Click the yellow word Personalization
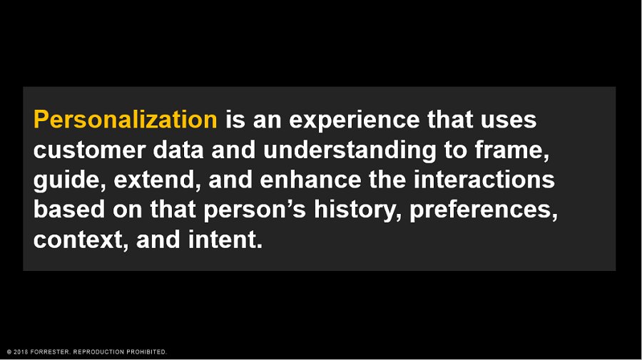(x=125, y=120)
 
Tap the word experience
(x=360, y=120)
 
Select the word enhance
(x=310, y=180)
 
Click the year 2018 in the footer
(x=21, y=352)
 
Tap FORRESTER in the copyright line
(x=51, y=352)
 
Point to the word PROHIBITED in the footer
(x=145, y=352)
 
